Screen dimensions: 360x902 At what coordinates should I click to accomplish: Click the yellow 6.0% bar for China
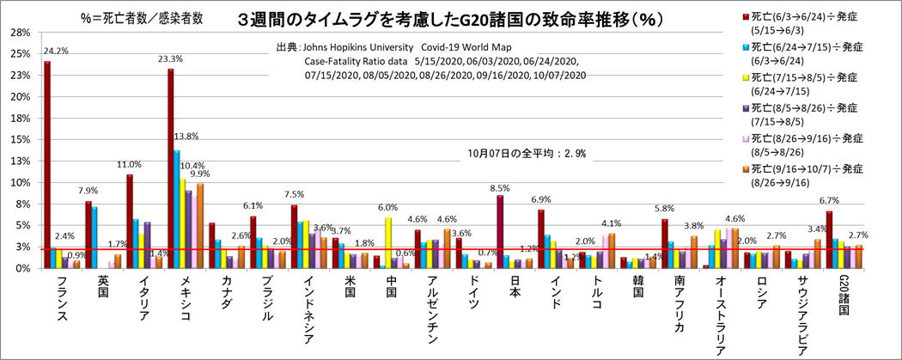click(x=388, y=242)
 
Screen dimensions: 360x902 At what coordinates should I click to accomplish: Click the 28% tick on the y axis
click(x=20, y=33)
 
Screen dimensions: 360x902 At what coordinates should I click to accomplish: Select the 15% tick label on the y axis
click(x=20, y=139)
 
